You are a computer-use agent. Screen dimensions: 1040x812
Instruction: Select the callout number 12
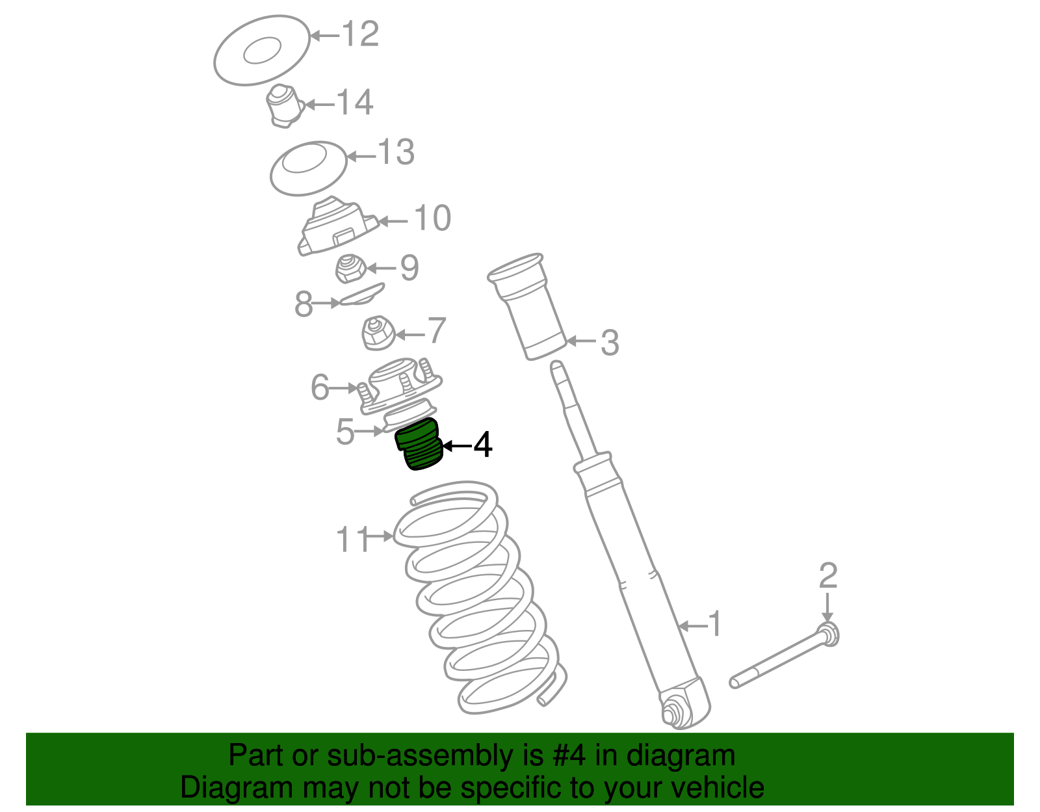[x=360, y=34]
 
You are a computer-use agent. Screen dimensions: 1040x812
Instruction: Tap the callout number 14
[x=355, y=102]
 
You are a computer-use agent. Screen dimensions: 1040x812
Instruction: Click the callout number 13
[x=396, y=152]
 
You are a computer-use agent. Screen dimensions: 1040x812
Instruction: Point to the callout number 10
[x=432, y=218]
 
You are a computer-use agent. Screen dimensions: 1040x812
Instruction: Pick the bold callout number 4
[x=482, y=445]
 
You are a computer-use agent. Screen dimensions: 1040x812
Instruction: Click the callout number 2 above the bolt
[x=828, y=575]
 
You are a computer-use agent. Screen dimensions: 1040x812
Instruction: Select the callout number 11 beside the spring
[x=353, y=539]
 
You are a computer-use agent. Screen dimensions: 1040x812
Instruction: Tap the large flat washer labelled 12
[x=262, y=50]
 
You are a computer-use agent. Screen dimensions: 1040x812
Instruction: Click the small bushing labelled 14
[x=285, y=106]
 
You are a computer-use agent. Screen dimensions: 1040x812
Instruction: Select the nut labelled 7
[x=378, y=333]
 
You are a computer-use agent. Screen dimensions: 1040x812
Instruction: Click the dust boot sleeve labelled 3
[x=527, y=307]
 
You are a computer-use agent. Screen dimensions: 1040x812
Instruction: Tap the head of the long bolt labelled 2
[x=829, y=635]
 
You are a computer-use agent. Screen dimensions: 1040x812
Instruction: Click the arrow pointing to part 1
[x=692, y=625]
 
